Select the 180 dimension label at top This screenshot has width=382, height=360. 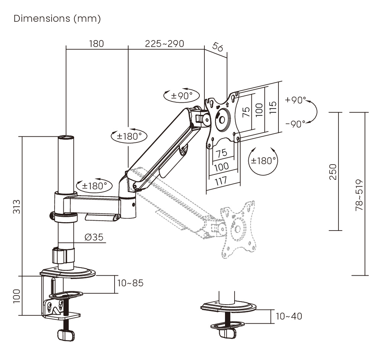pos(96,44)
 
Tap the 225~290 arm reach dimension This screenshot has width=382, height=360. pos(164,44)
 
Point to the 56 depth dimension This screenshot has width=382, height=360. pos(217,47)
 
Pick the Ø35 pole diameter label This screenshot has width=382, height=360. pos(94,237)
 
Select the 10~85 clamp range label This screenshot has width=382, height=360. pos(131,283)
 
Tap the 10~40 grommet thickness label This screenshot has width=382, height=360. pos(288,316)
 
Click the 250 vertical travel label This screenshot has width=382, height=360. pos(333,172)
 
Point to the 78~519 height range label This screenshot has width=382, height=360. pos(359,195)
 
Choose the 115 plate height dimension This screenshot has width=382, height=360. pos(272,107)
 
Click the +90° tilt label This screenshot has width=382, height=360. pos(295,100)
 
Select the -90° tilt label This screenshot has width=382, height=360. pos(295,124)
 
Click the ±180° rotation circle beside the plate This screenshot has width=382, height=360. pos(263,161)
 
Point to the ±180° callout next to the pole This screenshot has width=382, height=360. pos(94,186)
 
